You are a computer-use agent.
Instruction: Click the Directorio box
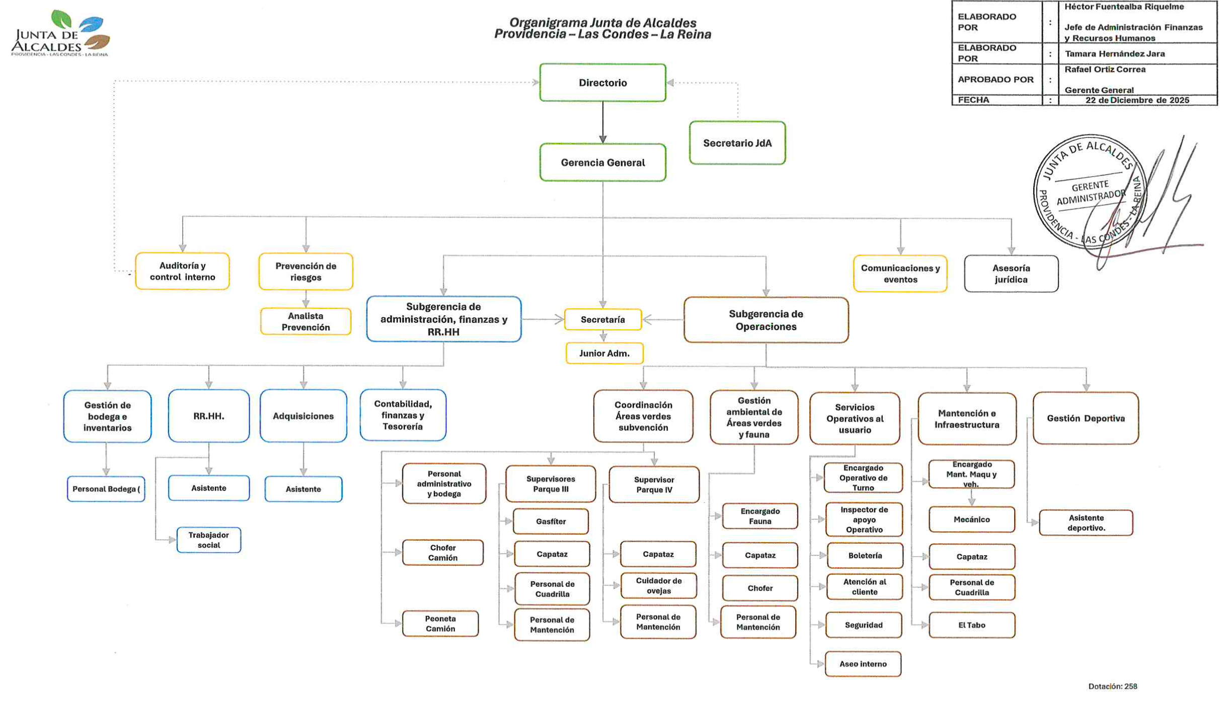click(602, 83)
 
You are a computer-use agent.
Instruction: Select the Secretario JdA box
click(737, 143)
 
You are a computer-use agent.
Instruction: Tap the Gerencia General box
click(602, 162)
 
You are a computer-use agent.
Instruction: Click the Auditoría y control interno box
click(182, 272)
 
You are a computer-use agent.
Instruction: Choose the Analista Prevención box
click(305, 322)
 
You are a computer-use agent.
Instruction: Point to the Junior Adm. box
click(604, 354)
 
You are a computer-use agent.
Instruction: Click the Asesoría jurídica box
click(1011, 274)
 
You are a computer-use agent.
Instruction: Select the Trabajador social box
click(209, 540)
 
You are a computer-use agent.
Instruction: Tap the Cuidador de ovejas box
click(658, 586)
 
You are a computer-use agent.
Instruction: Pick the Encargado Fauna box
click(759, 516)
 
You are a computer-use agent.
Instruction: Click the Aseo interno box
click(863, 664)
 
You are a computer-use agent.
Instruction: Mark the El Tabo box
click(971, 625)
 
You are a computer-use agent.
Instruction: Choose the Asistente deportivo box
click(1086, 523)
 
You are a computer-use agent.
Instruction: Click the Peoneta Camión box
click(440, 624)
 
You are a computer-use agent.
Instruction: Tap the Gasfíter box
click(551, 521)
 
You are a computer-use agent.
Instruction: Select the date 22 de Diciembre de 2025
click(1137, 100)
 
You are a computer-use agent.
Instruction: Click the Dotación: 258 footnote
click(1112, 686)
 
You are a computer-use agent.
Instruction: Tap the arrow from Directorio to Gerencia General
click(602, 123)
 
